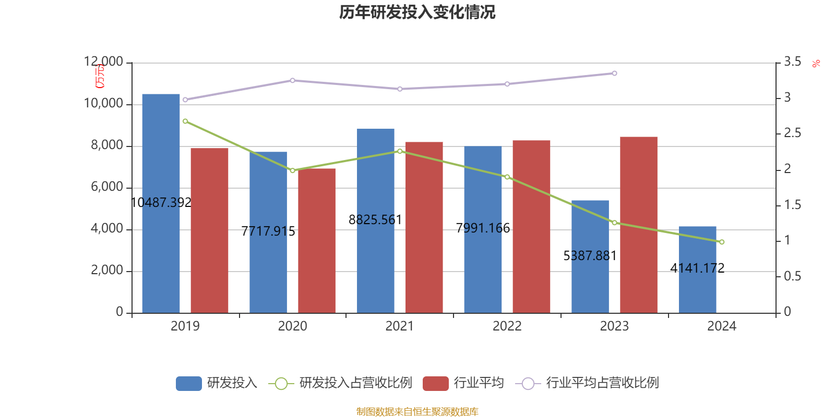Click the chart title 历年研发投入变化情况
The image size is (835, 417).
coord(417,12)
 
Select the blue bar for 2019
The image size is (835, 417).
coord(161,203)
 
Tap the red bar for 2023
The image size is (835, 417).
coord(638,224)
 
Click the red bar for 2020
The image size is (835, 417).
coord(317,240)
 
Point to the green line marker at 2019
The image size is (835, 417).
coord(185,121)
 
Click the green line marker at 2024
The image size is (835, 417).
coord(722,242)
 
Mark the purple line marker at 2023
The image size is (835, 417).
coord(614,73)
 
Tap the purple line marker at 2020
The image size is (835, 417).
coord(292,80)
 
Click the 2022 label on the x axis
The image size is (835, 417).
coord(507,326)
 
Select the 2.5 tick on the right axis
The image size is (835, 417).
coord(792,133)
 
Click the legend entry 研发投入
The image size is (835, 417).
coord(217,383)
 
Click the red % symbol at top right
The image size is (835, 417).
coord(816,64)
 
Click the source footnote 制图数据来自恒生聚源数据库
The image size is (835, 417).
coord(417,412)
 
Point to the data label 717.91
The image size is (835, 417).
coord(268,231)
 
